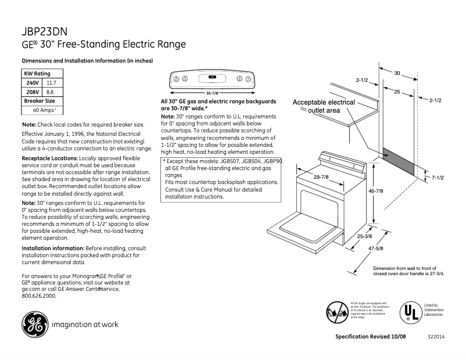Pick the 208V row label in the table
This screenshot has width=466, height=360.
[33, 92]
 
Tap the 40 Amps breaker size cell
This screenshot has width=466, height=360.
[44, 110]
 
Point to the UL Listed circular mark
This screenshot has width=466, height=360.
[410, 312]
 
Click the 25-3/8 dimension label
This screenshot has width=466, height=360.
[365, 236]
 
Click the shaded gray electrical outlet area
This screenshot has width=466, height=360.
[399, 161]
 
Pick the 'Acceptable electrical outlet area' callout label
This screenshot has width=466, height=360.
[324, 106]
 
